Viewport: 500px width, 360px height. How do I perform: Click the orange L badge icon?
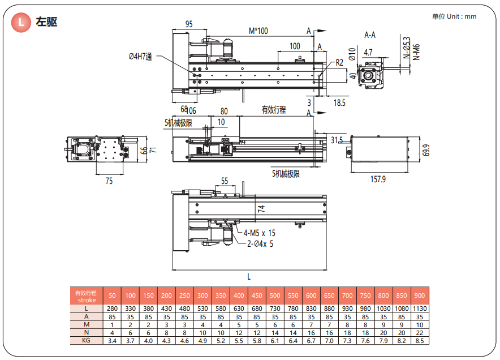[x=22, y=23]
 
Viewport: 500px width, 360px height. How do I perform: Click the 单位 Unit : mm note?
[x=454, y=16]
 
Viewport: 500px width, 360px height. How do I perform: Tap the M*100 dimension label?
[x=258, y=31]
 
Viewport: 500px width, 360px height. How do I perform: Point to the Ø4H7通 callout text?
[x=140, y=56]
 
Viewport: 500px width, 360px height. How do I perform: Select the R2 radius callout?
[x=339, y=62]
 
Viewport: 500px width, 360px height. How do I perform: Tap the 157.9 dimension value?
[x=377, y=179]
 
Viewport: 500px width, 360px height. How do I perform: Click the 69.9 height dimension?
[x=426, y=151]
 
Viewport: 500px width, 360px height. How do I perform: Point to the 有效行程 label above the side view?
[x=273, y=110]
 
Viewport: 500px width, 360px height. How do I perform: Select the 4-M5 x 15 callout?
[x=260, y=233]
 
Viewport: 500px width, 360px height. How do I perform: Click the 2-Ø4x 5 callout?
[x=260, y=244]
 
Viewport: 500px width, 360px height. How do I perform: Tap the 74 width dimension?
[x=261, y=208]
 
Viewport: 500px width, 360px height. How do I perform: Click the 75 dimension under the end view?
[x=109, y=181]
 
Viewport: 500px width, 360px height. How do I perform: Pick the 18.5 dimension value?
[x=340, y=103]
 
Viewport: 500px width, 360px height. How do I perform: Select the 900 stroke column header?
[x=420, y=295]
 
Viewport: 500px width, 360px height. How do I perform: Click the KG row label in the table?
[x=87, y=341]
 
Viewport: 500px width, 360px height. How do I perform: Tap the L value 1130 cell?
[x=420, y=308]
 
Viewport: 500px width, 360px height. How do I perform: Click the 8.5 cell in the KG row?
[x=420, y=341]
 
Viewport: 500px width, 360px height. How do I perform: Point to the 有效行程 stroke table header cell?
[x=87, y=296]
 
